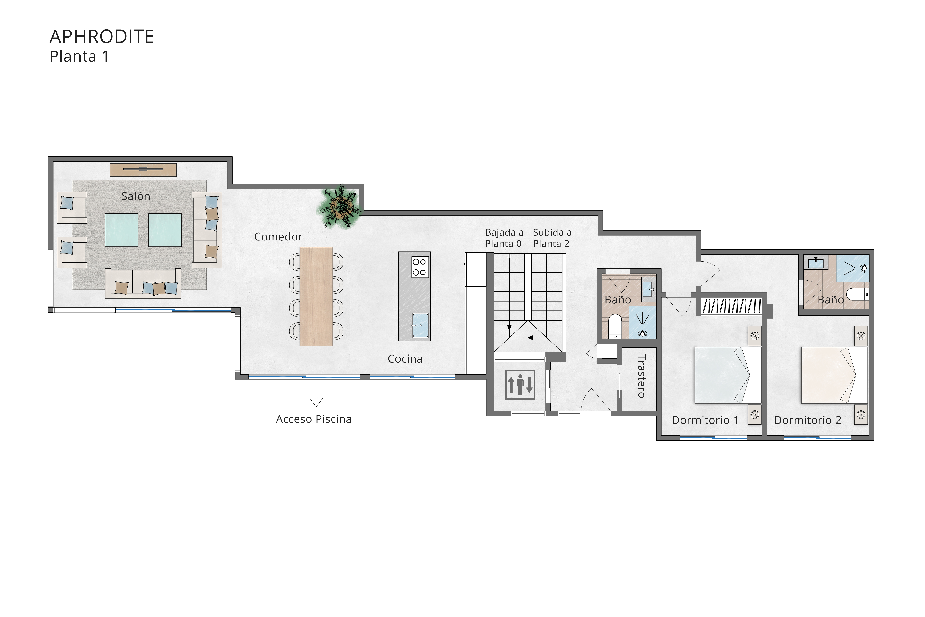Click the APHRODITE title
(102, 37)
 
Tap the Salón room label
(136, 196)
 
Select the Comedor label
(278, 237)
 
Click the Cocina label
(405, 359)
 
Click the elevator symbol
(520, 385)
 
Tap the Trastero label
(641, 376)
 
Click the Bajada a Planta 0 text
(504, 238)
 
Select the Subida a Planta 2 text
(552, 238)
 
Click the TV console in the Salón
(143, 170)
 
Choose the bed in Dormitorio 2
(834, 375)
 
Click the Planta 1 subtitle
(79, 57)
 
